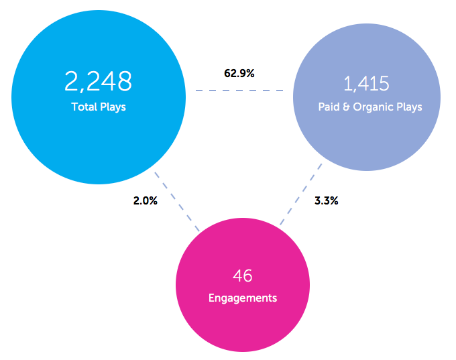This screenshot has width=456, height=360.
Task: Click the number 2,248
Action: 98,82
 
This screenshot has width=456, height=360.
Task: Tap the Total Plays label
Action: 98,107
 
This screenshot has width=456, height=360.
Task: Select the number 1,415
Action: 366,84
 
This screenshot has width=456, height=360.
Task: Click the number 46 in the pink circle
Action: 242,276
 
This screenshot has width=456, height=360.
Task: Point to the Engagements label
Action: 242,298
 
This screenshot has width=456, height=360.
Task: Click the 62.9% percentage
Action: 239,73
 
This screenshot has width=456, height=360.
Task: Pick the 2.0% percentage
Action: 145,200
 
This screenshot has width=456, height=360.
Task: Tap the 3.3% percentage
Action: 327,200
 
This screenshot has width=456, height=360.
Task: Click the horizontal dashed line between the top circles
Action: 239,91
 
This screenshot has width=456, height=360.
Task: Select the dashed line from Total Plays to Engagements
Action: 177,201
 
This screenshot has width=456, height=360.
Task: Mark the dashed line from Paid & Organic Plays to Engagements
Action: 300,194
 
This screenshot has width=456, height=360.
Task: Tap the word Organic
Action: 374,107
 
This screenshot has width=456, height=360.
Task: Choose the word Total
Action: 84,107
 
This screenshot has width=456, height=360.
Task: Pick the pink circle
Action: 242,322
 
